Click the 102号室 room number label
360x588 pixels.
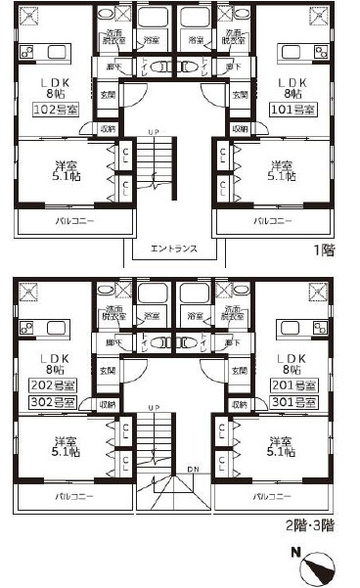49,111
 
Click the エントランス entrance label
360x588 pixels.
176,249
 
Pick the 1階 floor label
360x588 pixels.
327,250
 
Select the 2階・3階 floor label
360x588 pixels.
313,525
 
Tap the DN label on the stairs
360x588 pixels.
194,471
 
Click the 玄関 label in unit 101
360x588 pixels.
240,95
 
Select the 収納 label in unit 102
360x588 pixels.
105,128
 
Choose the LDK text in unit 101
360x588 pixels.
292,84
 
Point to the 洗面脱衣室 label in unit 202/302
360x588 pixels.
116,313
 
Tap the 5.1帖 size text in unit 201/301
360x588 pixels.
286,453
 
